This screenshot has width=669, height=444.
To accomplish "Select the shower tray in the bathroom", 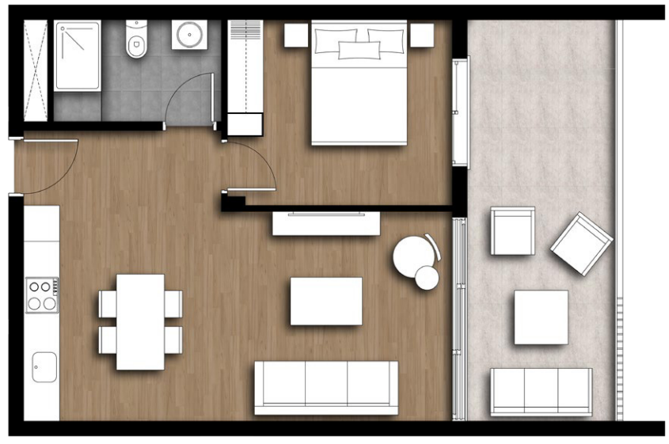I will [x=77, y=55].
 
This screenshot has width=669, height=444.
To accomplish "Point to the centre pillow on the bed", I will [x=359, y=50].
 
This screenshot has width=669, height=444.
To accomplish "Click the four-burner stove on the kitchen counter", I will [x=42, y=294].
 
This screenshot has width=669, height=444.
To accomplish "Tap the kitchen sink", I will [x=44, y=367].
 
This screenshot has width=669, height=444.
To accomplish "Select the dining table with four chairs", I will [x=140, y=321].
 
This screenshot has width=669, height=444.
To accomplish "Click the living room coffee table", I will [x=325, y=301].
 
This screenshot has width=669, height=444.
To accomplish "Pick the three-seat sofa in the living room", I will [x=325, y=387].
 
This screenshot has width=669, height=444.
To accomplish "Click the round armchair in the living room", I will [x=413, y=256].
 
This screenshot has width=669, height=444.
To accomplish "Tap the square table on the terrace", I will [x=541, y=317].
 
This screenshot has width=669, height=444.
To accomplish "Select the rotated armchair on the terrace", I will [x=582, y=243].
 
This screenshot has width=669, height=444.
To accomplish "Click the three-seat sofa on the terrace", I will [x=541, y=391].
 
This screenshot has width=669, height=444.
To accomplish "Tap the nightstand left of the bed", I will [x=295, y=35].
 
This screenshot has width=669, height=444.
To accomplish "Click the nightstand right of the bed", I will [x=422, y=35].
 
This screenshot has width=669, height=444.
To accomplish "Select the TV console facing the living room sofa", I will [x=326, y=222].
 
